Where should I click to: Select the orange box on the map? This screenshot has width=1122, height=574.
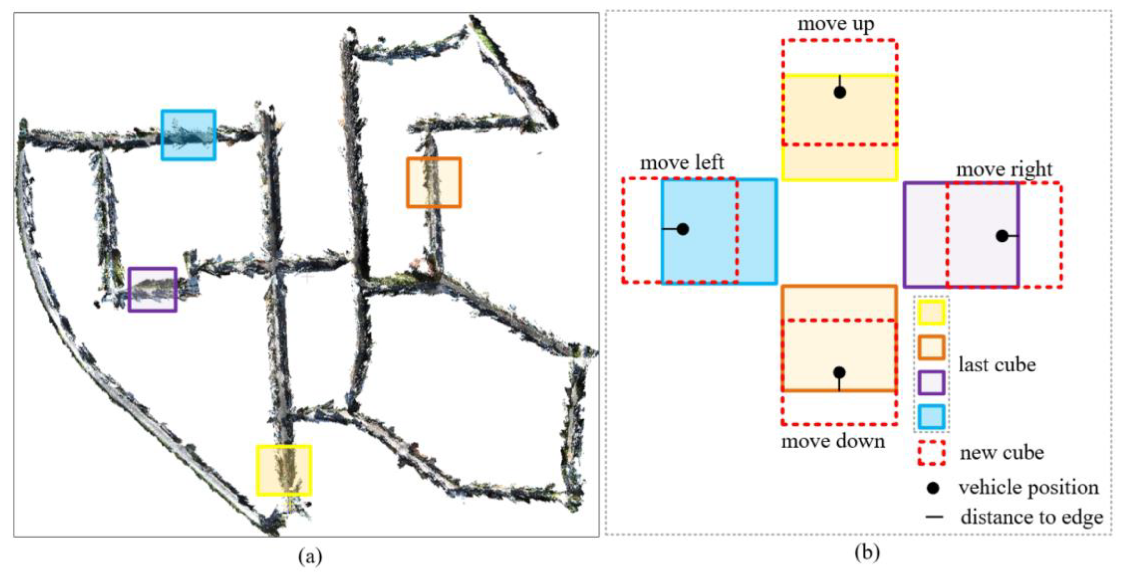click(434, 182)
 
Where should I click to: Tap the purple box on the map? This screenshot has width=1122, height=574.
click(152, 289)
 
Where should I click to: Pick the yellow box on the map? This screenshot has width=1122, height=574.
click(284, 470)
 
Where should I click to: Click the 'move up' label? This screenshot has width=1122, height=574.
click(835, 24)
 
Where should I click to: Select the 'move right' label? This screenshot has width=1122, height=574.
click(1004, 169)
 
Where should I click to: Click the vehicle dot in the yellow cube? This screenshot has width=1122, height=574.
click(840, 92)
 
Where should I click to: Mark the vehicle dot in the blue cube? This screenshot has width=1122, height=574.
click(683, 229)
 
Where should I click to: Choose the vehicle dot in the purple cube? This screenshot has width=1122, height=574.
click(1002, 236)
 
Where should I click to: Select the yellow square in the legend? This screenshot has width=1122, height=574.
click(931, 312)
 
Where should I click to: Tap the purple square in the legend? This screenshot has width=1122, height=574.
click(931, 382)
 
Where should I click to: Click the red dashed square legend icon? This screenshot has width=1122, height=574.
click(931, 453)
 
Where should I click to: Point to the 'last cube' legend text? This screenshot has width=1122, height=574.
click(997, 365)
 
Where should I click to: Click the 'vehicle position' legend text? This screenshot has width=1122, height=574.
click(1028, 488)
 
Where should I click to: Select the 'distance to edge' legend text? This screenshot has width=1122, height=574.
click(1032, 517)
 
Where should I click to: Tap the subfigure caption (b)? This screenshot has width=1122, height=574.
click(867, 553)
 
